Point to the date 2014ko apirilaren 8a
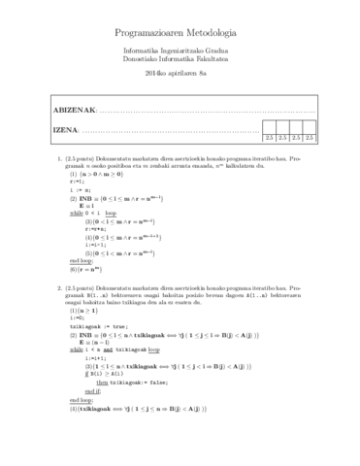point(180,74)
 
